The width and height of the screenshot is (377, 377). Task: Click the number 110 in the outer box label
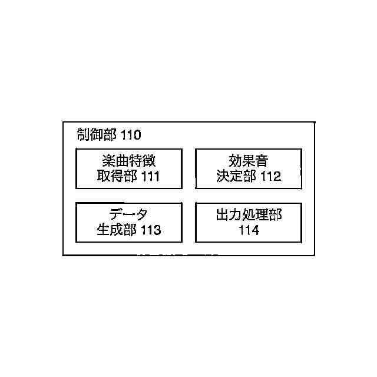point(130,135)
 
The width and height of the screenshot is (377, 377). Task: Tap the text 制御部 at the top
point(98,134)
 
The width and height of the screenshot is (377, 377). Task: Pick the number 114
point(249,230)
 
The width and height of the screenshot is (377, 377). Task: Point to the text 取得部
point(117,176)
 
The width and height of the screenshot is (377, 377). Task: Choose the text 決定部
point(236,176)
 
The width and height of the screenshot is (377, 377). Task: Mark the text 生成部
point(117,230)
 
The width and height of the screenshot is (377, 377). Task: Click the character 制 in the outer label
point(84,134)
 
